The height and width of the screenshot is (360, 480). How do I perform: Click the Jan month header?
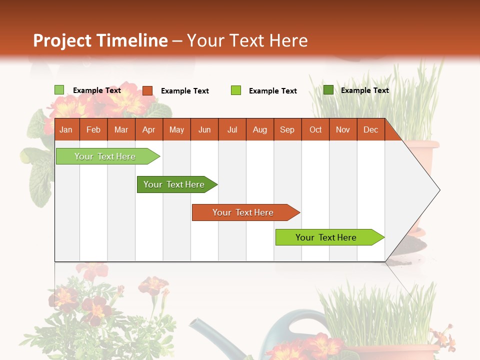66,129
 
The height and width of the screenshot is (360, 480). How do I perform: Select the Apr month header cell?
149,129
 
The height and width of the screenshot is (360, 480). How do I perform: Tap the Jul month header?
232,129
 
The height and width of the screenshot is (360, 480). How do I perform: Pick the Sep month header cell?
287,129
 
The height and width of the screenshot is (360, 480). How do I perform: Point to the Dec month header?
371,129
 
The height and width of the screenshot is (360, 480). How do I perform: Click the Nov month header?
343,129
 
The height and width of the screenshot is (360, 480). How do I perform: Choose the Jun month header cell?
204,129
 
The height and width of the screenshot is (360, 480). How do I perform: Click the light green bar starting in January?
105,156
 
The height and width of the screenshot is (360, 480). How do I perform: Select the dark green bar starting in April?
174,184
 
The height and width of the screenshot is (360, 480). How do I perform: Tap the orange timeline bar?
243,212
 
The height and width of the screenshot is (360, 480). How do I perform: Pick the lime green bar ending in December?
326,237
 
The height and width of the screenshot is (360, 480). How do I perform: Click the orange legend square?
147,90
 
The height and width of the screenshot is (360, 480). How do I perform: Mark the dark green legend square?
328,90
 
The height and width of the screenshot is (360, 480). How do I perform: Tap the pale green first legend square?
59,90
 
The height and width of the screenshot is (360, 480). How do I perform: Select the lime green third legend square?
236,90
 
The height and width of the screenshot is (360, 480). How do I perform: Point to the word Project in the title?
63,40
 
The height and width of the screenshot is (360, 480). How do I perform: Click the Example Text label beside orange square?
185,91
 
